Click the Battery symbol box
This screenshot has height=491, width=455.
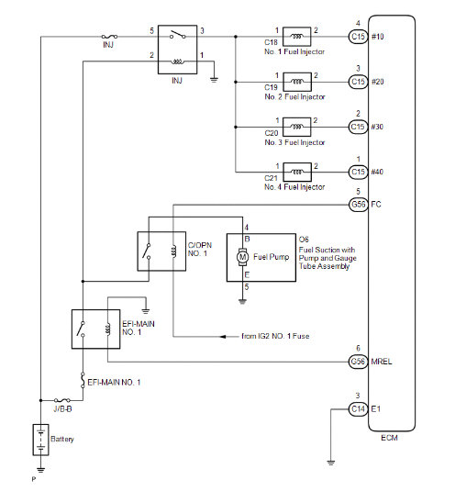(40, 440)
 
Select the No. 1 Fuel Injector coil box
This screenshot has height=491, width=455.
(296, 37)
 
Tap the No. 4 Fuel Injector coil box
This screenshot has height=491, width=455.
(297, 172)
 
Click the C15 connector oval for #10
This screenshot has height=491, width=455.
(359, 37)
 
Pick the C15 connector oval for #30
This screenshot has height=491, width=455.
(359, 127)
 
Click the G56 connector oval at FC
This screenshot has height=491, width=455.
(359, 205)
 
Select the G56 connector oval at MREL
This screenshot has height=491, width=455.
(359, 362)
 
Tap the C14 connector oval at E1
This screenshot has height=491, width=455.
(359, 409)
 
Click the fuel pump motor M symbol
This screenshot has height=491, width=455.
(242, 257)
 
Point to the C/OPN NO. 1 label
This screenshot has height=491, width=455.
(200, 250)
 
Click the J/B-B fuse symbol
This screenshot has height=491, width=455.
(62, 400)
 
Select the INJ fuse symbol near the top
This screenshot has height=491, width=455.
(109, 37)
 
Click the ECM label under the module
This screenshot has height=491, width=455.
(389, 438)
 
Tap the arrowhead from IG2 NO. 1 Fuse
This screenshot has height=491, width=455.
(223, 337)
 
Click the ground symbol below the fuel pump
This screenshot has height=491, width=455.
(242, 302)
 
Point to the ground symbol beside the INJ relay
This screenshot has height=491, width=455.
(214, 80)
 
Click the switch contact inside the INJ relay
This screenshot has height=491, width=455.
(177, 35)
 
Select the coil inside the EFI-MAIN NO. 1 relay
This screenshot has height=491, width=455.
(107, 329)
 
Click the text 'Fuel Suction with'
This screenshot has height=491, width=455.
(327, 250)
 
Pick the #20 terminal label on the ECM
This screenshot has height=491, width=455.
(377, 82)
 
